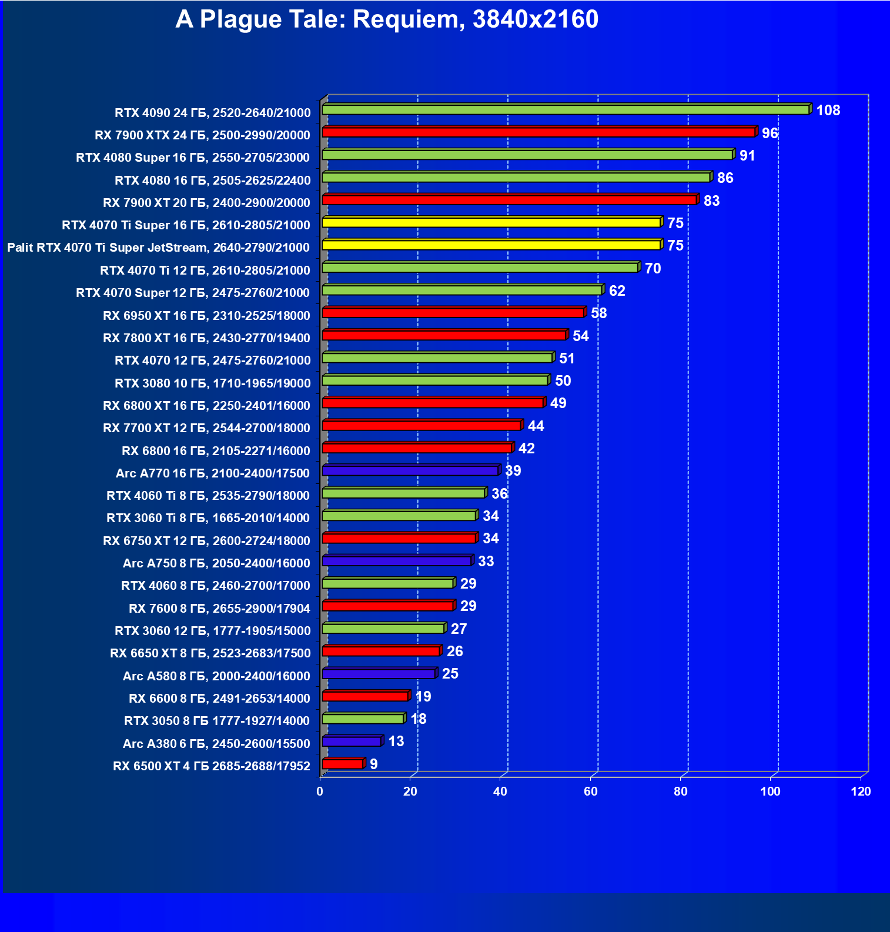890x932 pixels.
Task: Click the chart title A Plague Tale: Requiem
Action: click(387, 19)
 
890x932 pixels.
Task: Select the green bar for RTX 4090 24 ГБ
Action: click(566, 110)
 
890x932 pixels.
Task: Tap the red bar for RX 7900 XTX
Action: click(538, 132)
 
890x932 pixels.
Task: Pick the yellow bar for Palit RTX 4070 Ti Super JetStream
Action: click(491, 245)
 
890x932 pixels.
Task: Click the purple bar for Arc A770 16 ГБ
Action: click(410, 470)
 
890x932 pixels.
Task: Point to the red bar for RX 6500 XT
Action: click(343, 764)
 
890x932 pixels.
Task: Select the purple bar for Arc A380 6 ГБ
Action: click(352, 741)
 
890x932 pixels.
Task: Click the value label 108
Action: click(828, 111)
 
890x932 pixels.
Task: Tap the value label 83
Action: click(711, 201)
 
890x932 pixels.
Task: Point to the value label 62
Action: click(617, 291)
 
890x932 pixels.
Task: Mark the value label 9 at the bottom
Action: click(373, 764)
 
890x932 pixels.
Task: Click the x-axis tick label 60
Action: click(590, 791)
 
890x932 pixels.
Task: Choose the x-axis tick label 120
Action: click(861, 791)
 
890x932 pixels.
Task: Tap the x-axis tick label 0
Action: click(320, 791)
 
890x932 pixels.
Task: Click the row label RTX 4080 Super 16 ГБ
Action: click(193, 158)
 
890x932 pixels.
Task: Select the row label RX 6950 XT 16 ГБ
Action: click(206, 316)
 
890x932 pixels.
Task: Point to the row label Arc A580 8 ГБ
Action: click(216, 676)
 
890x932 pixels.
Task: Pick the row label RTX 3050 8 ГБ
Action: click(217, 721)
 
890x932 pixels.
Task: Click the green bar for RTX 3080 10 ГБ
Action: click(435, 380)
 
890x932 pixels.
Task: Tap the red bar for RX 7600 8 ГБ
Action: click(388, 606)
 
